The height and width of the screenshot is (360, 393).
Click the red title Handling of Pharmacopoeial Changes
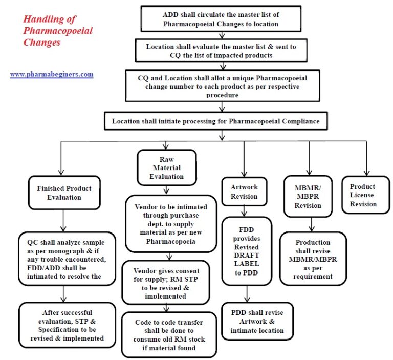pos(58,31)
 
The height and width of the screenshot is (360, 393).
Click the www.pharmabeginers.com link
pos(52,74)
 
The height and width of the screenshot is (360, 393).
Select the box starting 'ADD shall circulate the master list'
pos(220,19)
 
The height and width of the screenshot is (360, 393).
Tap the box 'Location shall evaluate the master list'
pos(221,51)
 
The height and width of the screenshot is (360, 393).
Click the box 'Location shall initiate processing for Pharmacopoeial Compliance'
pos(221,121)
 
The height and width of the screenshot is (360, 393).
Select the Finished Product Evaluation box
pos(64,193)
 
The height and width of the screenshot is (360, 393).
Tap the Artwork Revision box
pos(244,192)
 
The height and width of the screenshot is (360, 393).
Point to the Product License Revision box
pos(363,195)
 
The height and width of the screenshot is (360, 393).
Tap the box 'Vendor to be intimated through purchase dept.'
pos(164,224)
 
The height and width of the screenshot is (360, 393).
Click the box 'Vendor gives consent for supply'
pos(165,283)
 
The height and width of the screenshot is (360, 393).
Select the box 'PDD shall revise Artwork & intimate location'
pos(257,321)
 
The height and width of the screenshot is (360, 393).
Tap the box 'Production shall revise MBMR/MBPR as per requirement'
pos(313,259)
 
